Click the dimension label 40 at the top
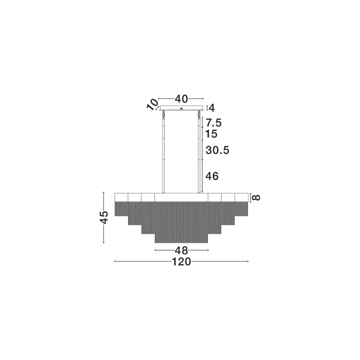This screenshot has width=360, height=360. pyautogui.click(x=181, y=99)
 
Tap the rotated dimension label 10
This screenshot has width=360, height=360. pyautogui.click(x=153, y=104)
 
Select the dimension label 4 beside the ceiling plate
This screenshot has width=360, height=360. pyautogui.click(x=212, y=108)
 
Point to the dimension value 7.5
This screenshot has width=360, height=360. pyautogui.click(x=214, y=123)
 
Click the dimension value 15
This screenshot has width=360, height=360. pyautogui.click(x=211, y=134)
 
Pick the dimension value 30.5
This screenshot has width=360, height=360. pyautogui.click(x=218, y=150)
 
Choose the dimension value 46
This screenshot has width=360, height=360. pyautogui.click(x=212, y=176)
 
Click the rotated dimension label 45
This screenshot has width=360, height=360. pyautogui.click(x=104, y=217)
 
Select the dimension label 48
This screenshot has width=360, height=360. pyautogui.click(x=181, y=250)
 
